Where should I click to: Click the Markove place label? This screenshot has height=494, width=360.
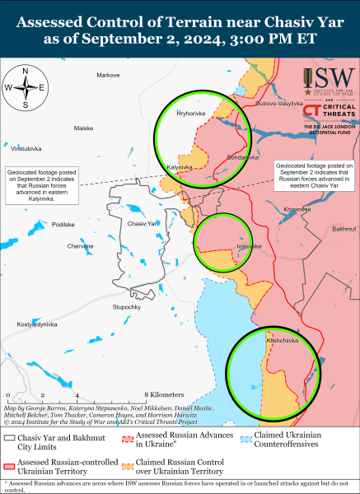[108, 75]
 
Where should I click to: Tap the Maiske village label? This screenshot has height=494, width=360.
[84, 128]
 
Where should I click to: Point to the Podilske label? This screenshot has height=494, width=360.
[63, 224]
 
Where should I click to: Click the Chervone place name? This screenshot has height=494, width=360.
[80, 246]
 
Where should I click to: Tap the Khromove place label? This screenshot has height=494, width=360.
[297, 209]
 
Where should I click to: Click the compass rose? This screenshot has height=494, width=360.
[26, 88]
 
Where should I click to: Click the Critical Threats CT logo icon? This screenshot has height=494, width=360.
[312, 110]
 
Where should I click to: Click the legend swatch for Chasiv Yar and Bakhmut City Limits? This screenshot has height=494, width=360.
[11, 436]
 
